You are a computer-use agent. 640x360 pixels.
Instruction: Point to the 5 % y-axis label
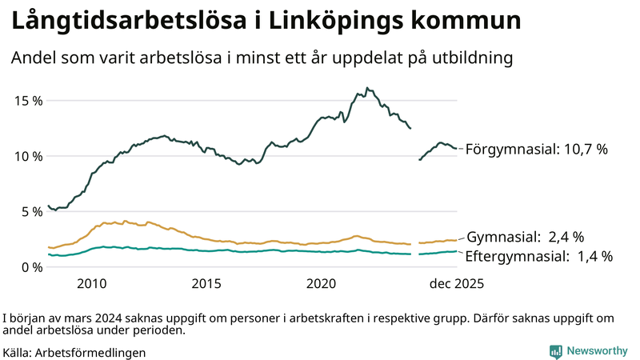pos(29,212)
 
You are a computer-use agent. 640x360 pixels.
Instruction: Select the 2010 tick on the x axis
pos(91,284)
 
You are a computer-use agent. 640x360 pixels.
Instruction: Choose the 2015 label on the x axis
pos(206,284)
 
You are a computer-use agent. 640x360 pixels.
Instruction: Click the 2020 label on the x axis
pos(322,284)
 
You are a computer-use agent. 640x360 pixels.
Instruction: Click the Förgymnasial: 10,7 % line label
pos(537,149)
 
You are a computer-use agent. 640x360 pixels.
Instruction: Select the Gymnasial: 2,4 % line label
pos(525,237)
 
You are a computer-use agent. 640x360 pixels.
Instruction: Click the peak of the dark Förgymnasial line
pos(366,88)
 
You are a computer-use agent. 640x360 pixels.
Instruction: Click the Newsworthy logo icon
pos(555,351)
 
